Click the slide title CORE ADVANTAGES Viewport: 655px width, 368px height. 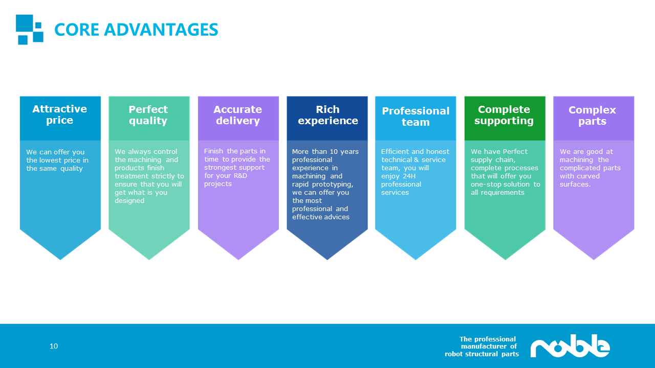[136, 30]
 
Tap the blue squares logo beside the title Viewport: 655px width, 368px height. [29, 29]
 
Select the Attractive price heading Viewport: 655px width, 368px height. [60, 114]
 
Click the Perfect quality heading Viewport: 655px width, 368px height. [148, 115]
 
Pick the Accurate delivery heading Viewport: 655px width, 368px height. [238, 115]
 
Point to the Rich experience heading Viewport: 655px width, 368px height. [327, 115]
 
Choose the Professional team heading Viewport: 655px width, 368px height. [416, 117]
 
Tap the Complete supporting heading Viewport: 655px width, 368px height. [504, 115]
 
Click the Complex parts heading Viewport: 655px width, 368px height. [593, 116]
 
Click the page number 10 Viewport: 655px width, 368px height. [54, 347]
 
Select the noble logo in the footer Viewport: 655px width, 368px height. [570, 347]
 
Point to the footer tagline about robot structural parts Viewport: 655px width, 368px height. [482, 347]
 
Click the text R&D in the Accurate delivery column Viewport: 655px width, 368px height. [239, 176]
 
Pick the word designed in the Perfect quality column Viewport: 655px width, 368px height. [129, 201]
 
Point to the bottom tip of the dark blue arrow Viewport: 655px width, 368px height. [327, 259]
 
